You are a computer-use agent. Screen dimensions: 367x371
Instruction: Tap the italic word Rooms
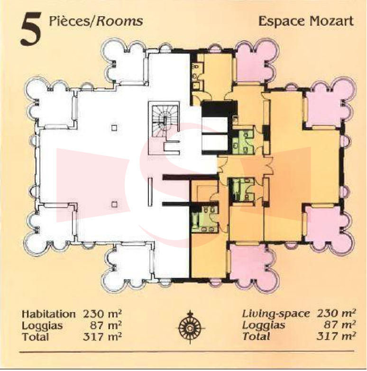pyautogui.click(x=119, y=21)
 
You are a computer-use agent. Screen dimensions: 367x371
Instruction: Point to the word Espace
pyautogui.click(x=282, y=22)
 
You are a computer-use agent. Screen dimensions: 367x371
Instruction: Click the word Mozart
pyautogui.click(x=331, y=21)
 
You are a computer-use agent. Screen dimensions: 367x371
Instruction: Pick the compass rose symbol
pyautogui.click(x=190, y=327)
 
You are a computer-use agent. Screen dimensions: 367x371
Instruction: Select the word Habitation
pyautogui.click(x=48, y=314)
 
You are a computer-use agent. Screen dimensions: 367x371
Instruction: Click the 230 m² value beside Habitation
pyautogui.click(x=102, y=314)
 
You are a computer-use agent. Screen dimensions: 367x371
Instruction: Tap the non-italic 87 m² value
pyautogui.click(x=106, y=325)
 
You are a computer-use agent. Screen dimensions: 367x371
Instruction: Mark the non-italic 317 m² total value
pyautogui.click(x=102, y=336)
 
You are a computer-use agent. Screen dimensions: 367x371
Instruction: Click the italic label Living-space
pyautogui.click(x=275, y=314)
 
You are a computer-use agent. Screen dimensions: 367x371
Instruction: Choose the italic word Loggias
pyautogui.click(x=264, y=325)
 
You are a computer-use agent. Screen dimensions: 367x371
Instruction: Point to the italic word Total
pyautogui.click(x=256, y=336)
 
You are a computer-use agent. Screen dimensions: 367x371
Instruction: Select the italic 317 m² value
pyautogui.click(x=336, y=336)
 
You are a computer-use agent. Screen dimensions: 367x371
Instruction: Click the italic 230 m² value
pyautogui.click(x=336, y=314)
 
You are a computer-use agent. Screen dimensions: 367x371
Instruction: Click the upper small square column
pyautogui.click(x=114, y=128)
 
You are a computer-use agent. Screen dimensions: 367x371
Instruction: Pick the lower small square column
pyautogui.click(x=114, y=204)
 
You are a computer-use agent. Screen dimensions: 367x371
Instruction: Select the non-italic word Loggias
pyautogui.click(x=42, y=325)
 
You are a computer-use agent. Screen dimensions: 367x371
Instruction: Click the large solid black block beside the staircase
pyautogui.click(x=220, y=109)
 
